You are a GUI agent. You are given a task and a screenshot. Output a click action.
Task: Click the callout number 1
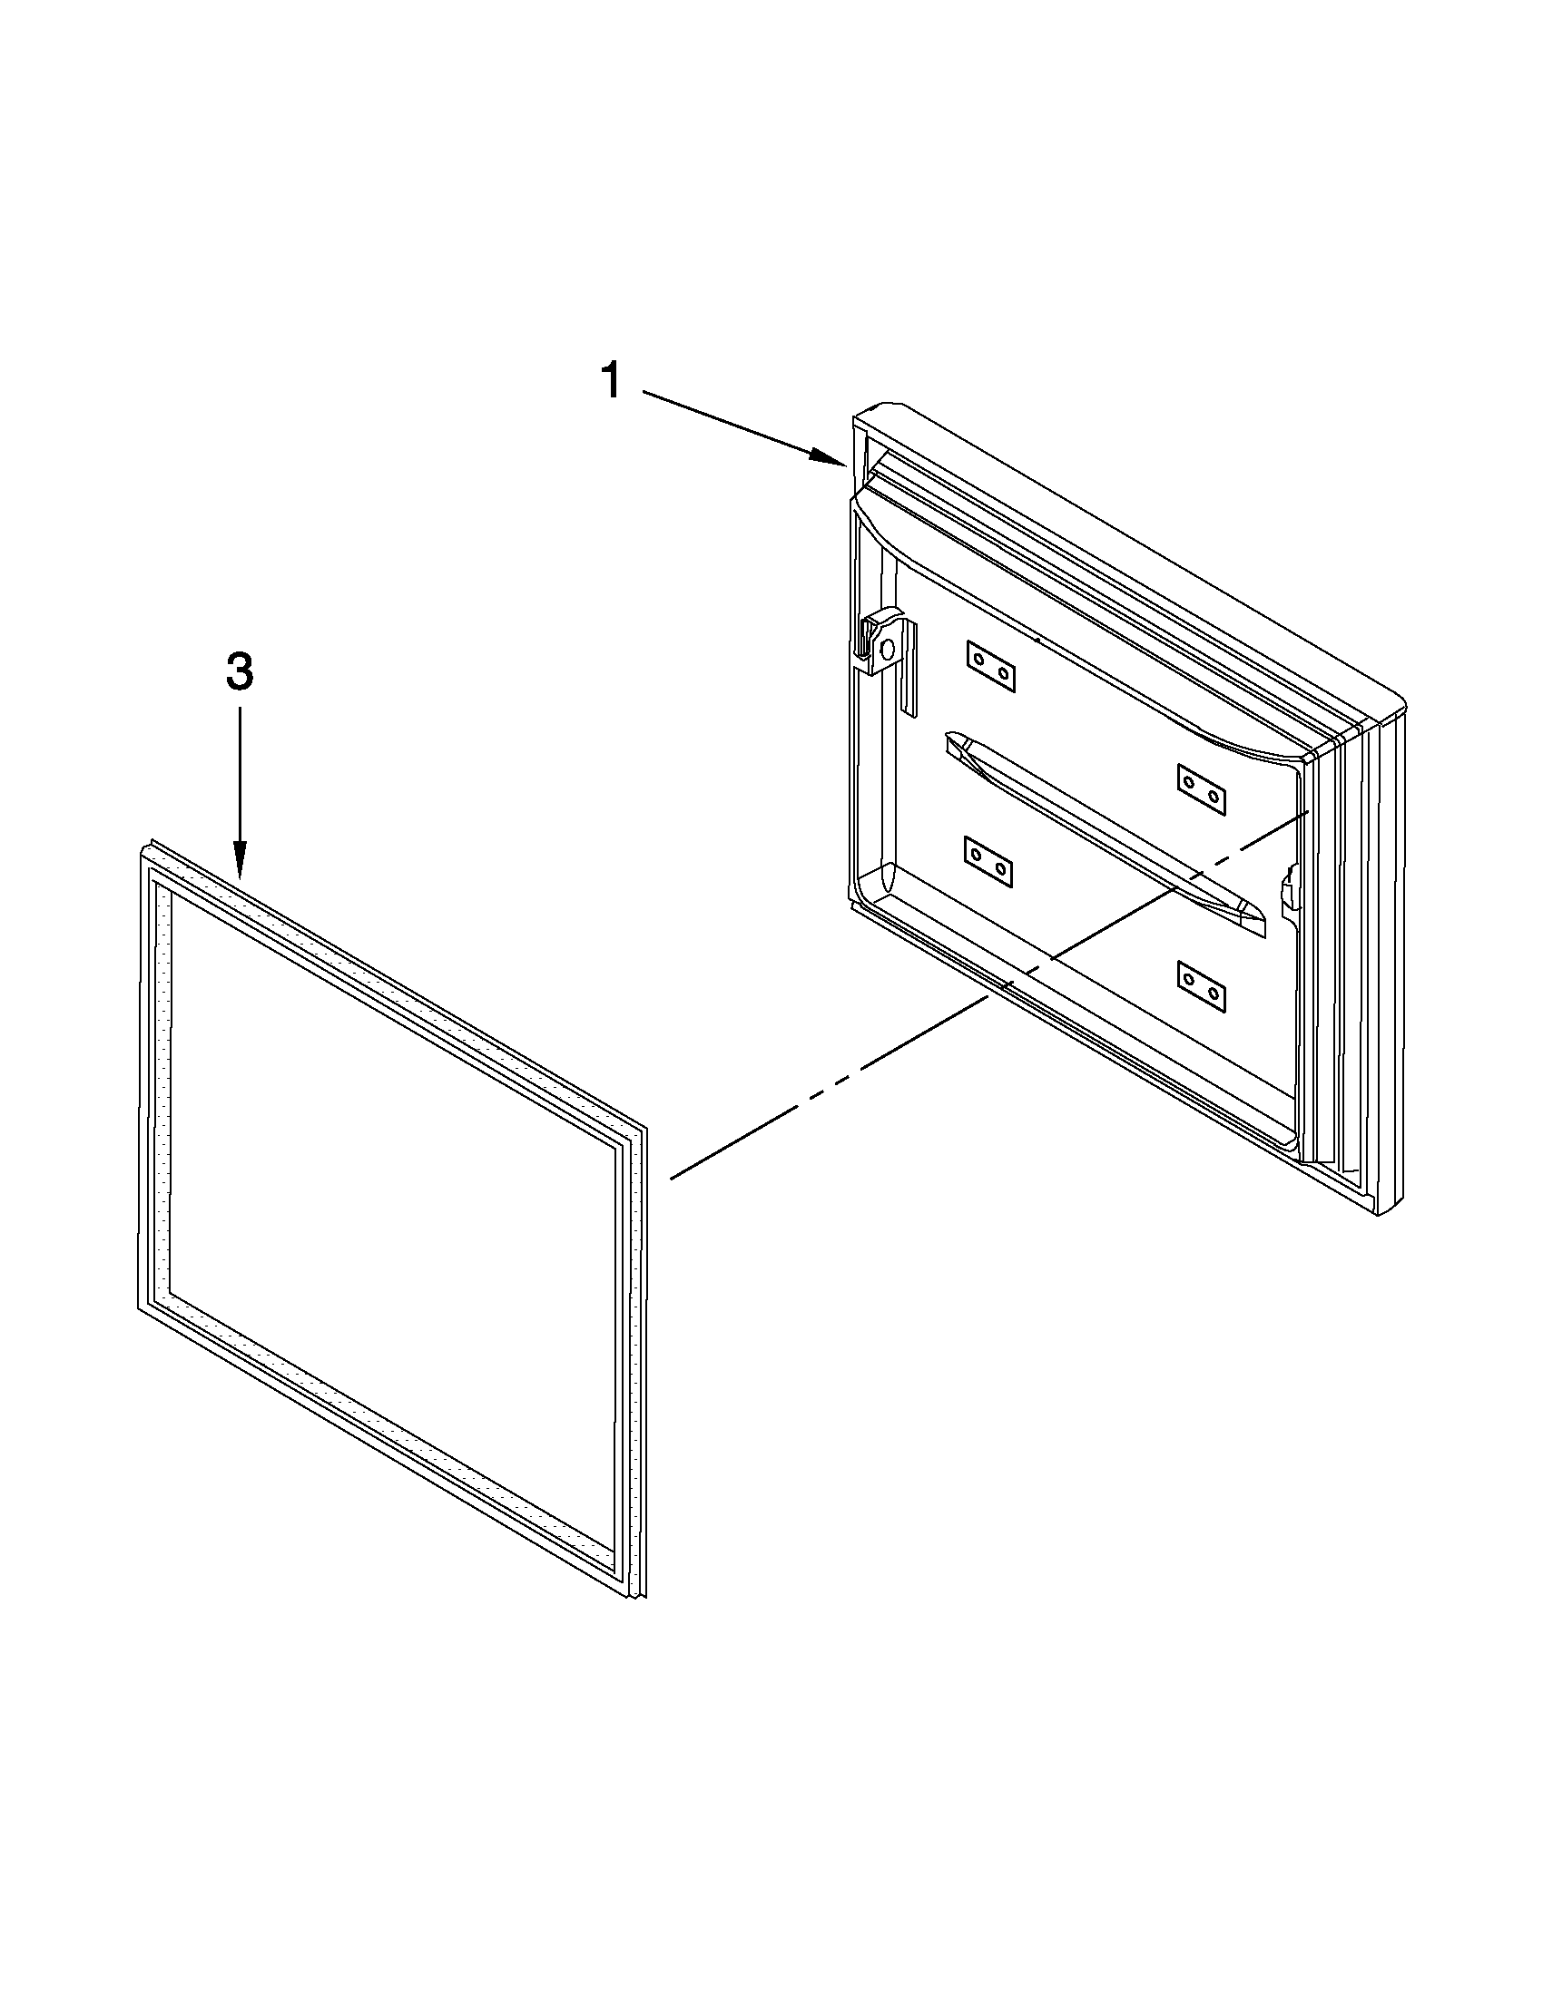tap(611, 380)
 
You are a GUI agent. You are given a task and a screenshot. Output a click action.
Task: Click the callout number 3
tap(239, 675)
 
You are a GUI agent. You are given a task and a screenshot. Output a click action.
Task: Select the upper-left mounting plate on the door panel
tap(990, 666)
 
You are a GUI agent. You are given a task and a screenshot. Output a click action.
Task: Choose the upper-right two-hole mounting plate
tap(1201, 789)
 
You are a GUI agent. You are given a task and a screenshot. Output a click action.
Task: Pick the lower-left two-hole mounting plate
tap(988, 861)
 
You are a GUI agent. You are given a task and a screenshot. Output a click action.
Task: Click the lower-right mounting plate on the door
tap(1201, 985)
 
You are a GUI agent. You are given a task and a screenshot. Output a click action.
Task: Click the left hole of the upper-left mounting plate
tap(978, 660)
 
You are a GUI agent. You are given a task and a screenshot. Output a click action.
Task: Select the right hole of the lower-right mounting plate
tap(1214, 992)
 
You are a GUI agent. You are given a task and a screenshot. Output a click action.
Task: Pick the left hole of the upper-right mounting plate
tap(1189, 783)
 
